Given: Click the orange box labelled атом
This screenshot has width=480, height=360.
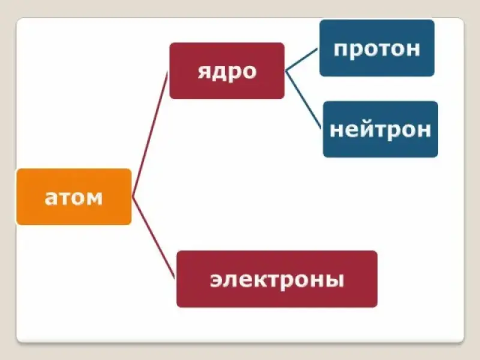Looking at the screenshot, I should (x=74, y=197).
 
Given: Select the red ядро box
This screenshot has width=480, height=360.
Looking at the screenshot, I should (x=226, y=71).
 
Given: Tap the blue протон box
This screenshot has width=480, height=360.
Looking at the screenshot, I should (x=376, y=48).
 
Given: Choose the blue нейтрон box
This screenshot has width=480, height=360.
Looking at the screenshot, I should (x=380, y=129).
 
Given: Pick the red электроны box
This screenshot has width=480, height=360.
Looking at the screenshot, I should (x=277, y=279).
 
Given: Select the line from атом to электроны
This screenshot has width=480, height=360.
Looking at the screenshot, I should (x=153, y=237).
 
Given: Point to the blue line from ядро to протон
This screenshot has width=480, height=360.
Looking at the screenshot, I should (x=302, y=59).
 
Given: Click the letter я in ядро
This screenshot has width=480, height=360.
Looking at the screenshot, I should (x=204, y=71).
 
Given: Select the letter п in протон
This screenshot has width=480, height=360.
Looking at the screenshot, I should (x=340, y=49).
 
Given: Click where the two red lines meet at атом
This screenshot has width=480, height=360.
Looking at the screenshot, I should (x=132, y=197).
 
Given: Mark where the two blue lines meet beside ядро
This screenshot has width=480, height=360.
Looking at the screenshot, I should (x=286, y=70).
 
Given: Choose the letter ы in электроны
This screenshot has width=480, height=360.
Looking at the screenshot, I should (x=334, y=280).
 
